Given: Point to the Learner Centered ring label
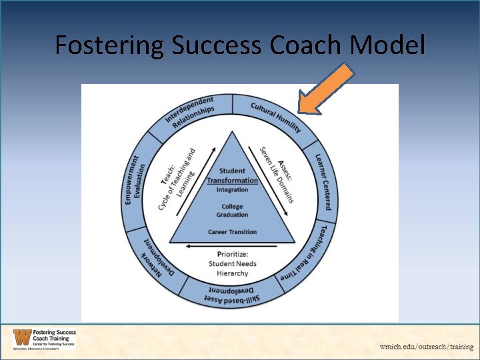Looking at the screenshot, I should (323, 182).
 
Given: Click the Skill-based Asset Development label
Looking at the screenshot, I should (232, 295).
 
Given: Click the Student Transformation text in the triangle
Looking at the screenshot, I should (232, 175).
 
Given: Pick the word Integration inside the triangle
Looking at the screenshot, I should (232, 190).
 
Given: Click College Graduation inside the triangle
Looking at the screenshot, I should (232, 211).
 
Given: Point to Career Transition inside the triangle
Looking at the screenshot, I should (232, 232).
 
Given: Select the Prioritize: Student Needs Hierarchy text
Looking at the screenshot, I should (232, 263).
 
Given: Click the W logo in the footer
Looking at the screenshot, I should (21, 339).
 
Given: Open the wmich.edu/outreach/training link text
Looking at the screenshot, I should (426, 347).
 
